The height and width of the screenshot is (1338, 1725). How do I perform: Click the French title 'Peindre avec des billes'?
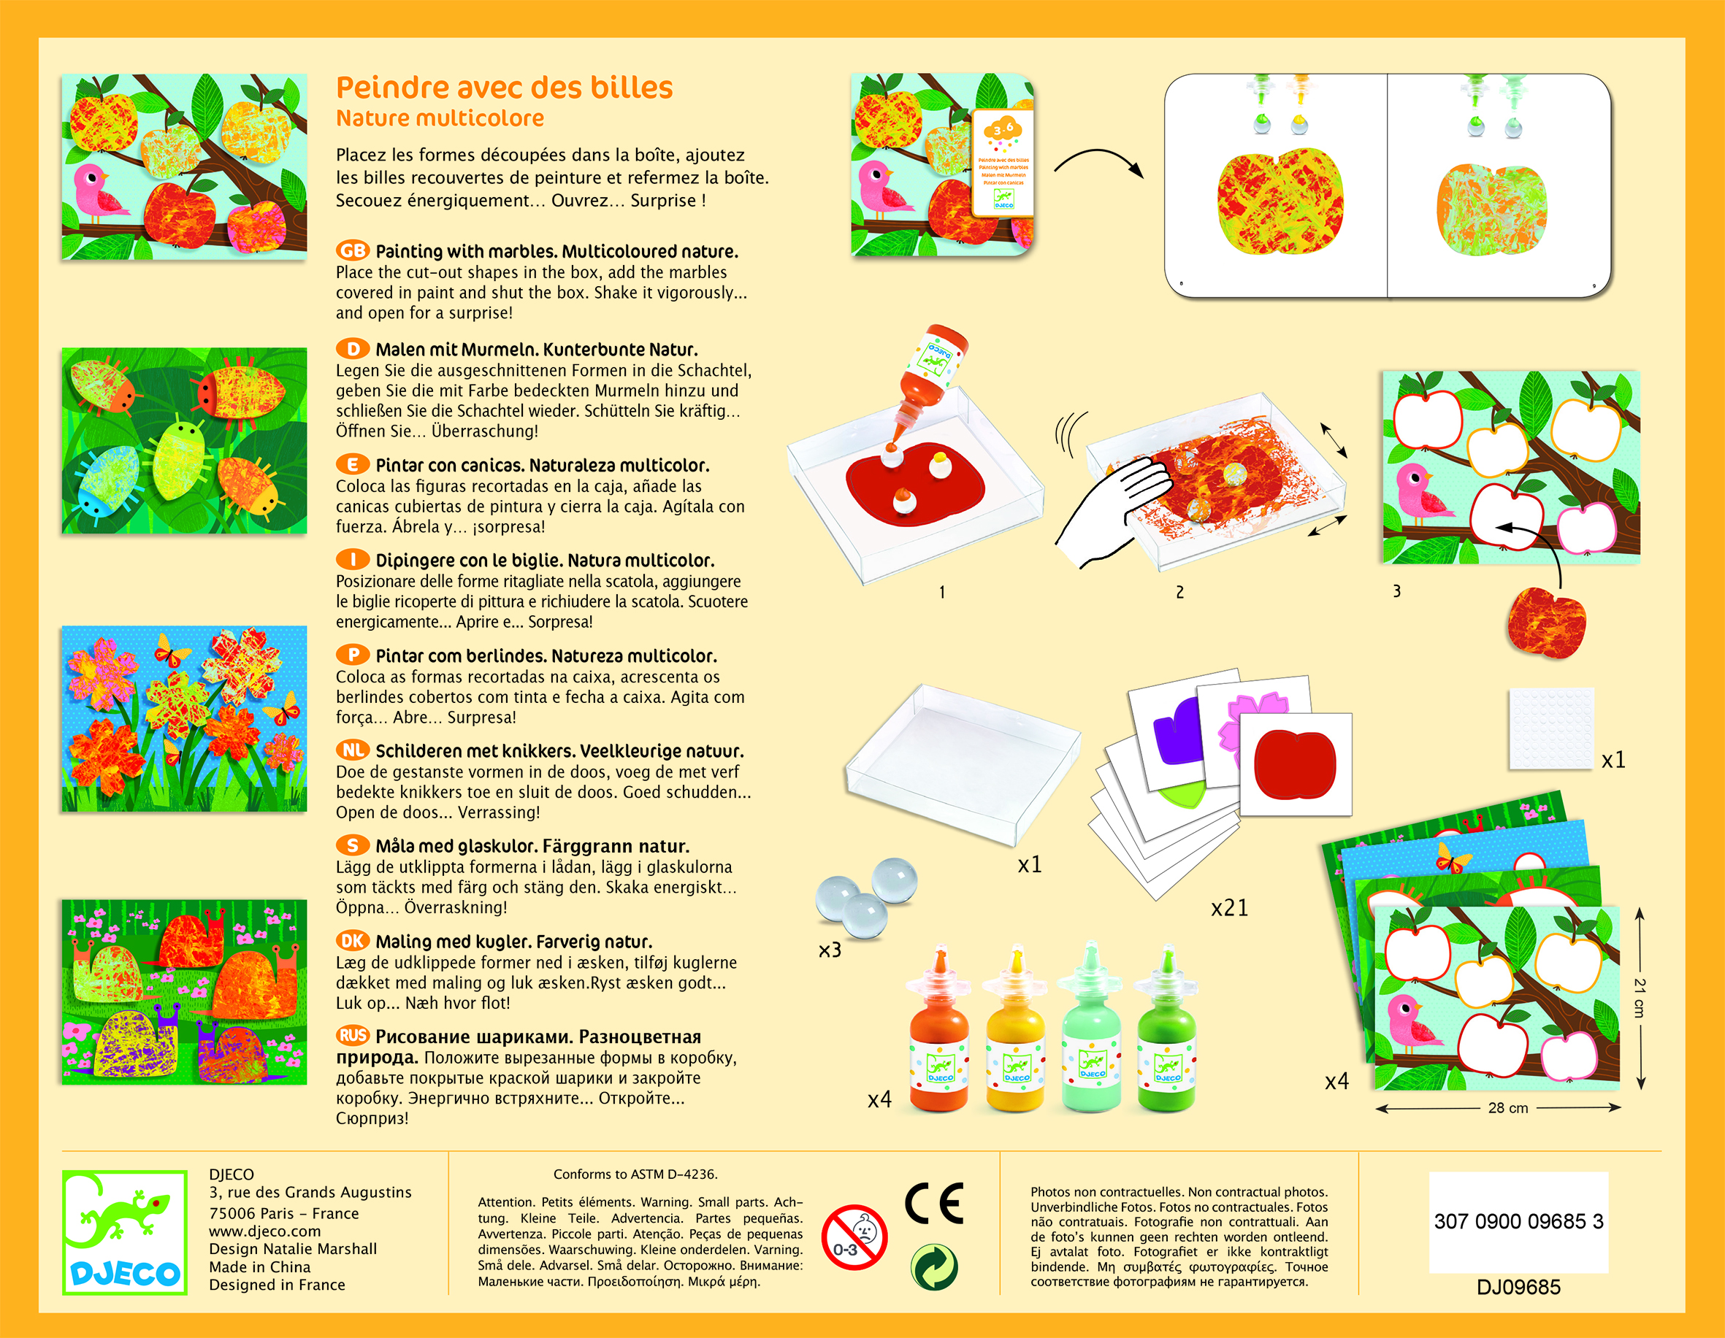[x=504, y=88]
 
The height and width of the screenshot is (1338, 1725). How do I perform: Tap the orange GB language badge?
[x=352, y=251]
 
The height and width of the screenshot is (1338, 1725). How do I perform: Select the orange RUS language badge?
[x=352, y=1035]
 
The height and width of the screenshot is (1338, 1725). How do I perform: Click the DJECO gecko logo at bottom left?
[x=125, y=1232]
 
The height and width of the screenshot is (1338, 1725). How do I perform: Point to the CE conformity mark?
[x=934, y=1204]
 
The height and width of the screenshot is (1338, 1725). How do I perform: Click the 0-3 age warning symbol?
[x=854, y=1237]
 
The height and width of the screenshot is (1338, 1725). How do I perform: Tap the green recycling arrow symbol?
[x=934, y=1267]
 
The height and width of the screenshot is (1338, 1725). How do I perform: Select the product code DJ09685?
[x=1518, y=1288]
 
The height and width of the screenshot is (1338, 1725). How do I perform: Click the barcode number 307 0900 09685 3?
[x=1518, y=1222]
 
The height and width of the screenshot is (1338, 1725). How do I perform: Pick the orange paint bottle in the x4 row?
[x=939, y=1027]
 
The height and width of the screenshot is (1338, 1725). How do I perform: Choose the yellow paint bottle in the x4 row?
[x=1015, y=1027]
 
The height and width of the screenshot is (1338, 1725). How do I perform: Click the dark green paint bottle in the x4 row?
[x=1166, y=1027]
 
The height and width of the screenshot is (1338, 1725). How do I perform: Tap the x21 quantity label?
[x=1230, y=909]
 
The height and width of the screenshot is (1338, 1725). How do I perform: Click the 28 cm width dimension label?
[x=1508, y=1108]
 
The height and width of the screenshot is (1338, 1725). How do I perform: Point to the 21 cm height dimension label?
[x=1640, y=998]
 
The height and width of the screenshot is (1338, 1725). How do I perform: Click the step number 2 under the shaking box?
[x=1180, y=592]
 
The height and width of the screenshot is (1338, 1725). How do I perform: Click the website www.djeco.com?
[x=264, y=1231]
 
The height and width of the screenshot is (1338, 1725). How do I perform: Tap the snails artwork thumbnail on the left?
[x=185, y=992]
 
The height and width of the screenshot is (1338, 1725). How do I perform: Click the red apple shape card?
[x=1296, y=764]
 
